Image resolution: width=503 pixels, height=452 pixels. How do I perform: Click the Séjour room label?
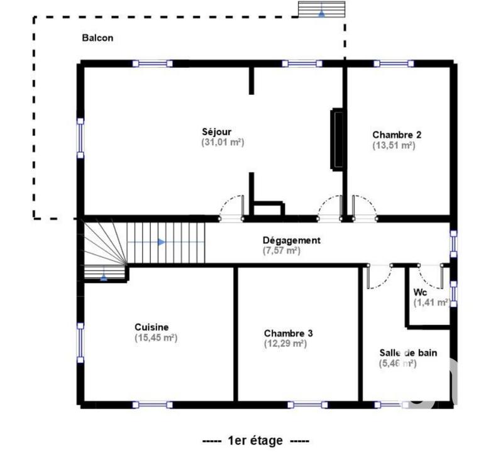(216, 132)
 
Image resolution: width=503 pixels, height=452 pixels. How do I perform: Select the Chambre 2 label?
(397, 135)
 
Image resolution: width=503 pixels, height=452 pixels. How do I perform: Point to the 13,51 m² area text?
(394, 145)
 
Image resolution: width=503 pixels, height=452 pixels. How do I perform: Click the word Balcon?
(97, 38)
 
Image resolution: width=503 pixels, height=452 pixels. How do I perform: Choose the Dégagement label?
(292, 240)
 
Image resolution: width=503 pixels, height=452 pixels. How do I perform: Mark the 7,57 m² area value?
(281, 251)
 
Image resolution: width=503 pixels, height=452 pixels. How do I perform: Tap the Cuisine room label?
(152, 327)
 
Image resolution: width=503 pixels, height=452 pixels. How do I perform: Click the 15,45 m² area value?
(155, 338)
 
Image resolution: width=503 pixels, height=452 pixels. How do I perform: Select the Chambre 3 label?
(288, 333)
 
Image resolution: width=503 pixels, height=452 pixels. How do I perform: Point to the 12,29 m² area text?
(285, 344)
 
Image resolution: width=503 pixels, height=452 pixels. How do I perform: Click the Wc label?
(420, 292)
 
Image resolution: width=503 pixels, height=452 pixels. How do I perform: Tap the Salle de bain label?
(408, 353)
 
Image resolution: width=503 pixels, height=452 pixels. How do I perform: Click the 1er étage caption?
(256, 441)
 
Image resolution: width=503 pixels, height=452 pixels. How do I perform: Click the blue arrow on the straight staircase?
(162, 241)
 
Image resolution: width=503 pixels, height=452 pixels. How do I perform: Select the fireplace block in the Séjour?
(338, 140)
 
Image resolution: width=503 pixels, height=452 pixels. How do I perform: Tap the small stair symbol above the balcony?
(321, 9)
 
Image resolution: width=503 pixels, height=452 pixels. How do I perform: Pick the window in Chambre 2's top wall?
(393, 63)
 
